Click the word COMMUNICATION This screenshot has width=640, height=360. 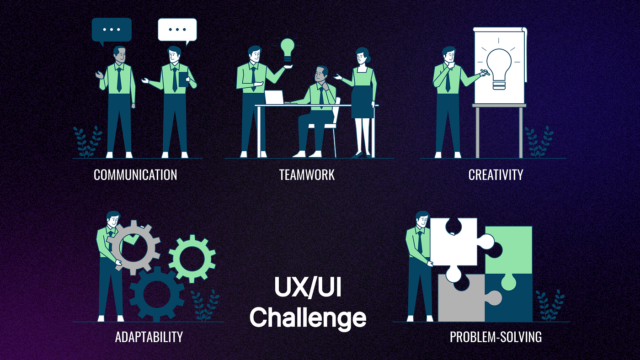pos(135,175)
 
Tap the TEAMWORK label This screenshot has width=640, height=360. pos(307,175)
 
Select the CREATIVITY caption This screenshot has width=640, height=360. pos(496,175)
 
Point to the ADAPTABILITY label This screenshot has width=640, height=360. pos(149,337)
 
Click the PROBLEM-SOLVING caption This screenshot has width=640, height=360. pos(496,337)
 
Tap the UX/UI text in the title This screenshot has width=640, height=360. pos(308,288)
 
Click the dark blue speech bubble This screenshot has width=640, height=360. pos(112,30)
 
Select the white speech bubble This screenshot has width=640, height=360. pos(177,30)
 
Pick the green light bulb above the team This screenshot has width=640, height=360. pos(288,49)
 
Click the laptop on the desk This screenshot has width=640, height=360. pos(275,97)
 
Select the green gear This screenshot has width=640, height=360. pos(192,259)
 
